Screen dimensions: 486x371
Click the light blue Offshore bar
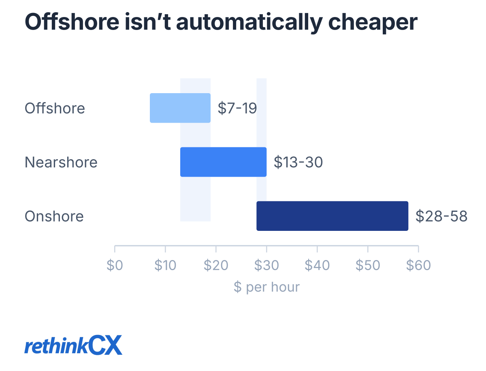tap(180, 108)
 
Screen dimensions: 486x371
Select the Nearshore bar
tap(223, 162)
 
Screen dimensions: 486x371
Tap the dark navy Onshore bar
tap(333, 216)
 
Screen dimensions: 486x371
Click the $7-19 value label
tap(237, 108)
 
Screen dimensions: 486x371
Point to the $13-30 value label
tap(298, 162)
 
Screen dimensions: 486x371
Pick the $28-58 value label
tap(441, 216)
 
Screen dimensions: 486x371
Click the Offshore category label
tap(55, 108)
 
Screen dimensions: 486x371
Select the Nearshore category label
tap(61, 162)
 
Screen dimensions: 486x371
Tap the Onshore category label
tap(54, 216)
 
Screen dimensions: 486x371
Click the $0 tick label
tap(115, 265)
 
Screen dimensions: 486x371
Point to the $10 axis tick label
tap(165, 265)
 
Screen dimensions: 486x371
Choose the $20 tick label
tap(216, 265)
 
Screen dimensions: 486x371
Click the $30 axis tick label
tap(266, 265)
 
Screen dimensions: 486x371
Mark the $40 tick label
tap(317, 265)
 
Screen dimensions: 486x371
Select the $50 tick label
tap(368, 265)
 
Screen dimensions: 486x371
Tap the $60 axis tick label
tap(418, 265)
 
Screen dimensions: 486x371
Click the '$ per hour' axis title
tap(266, 287)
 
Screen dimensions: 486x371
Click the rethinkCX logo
tap(73, 345)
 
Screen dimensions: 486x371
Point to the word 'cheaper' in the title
tap(373, 23)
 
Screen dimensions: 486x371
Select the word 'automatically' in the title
tap(249, 23)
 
